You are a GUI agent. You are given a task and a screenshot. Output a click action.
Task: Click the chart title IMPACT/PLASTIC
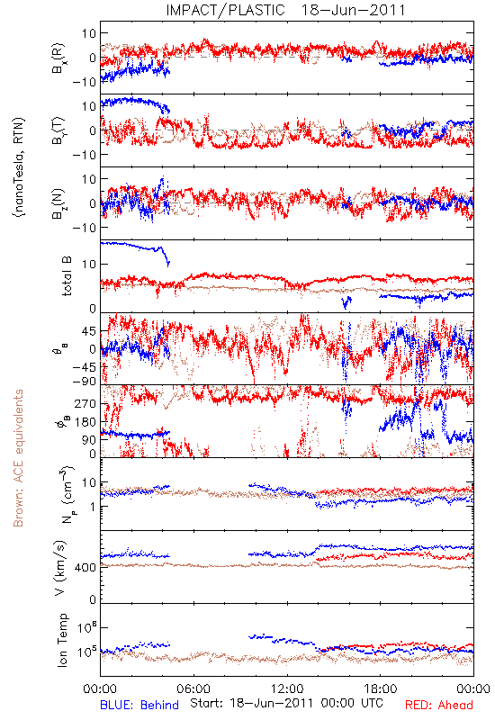225,10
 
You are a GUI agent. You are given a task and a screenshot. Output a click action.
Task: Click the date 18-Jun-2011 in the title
353,10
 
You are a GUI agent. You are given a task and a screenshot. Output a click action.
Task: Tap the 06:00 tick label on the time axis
193,688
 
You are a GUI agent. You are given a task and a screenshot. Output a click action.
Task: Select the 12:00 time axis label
287,688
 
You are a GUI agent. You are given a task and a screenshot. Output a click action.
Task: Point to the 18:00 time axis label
381,688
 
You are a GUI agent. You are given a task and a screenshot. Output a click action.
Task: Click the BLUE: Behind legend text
139,705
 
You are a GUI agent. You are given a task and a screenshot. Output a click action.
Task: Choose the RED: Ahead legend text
438,705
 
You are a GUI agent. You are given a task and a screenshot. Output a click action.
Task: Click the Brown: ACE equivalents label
18,458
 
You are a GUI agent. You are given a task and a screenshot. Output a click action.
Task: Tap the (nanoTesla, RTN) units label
19,167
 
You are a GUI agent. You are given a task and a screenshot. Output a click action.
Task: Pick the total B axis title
67,276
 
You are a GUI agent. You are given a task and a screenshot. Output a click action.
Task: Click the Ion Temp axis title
63,640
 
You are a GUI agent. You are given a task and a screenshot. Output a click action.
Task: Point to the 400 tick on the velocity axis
86,568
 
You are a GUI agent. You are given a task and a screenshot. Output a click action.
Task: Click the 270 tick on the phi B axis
86,404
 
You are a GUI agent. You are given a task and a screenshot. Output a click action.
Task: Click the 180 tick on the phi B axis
86,422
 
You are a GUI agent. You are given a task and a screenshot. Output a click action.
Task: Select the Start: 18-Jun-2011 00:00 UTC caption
286,703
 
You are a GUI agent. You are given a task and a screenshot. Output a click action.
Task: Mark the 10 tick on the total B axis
90,265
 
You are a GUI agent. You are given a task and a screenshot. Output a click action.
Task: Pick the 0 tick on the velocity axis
94,599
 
